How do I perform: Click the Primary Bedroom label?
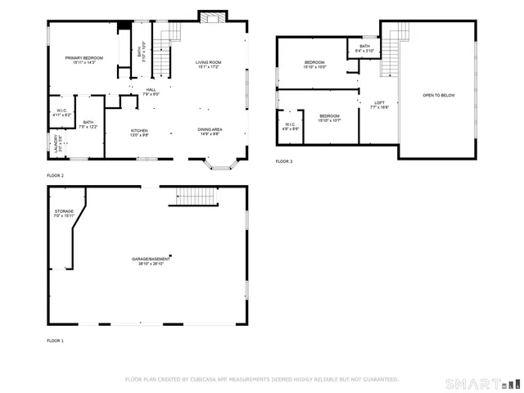[84, 59]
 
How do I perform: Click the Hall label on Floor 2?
[151, 91]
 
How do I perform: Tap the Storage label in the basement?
[64, 213]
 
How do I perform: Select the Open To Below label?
[438, 96]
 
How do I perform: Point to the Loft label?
[379, 103]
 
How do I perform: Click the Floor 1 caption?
[55, 340]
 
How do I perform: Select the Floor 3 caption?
[284, 161]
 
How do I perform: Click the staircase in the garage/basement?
[195, 196]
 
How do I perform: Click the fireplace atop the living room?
[210, 16]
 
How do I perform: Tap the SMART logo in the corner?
[481, 383]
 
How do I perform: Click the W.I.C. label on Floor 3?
[290, 126]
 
